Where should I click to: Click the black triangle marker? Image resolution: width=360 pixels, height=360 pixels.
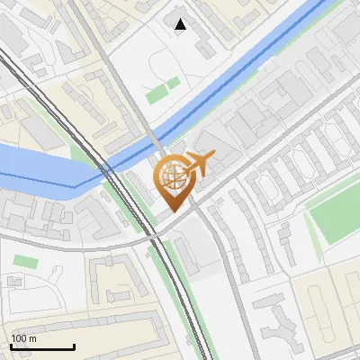click(181, 24)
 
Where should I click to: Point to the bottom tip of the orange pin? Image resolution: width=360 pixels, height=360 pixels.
click(173, 211)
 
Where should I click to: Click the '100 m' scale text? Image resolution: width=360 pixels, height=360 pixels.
click(24, 337)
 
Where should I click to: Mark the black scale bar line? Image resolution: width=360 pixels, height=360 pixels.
click(42, 347)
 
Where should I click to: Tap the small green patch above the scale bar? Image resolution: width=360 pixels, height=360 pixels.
click(26, 261)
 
